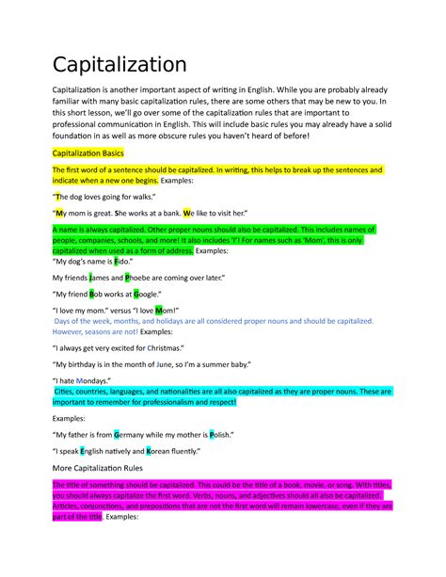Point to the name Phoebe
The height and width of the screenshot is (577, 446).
tap(143, 278)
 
